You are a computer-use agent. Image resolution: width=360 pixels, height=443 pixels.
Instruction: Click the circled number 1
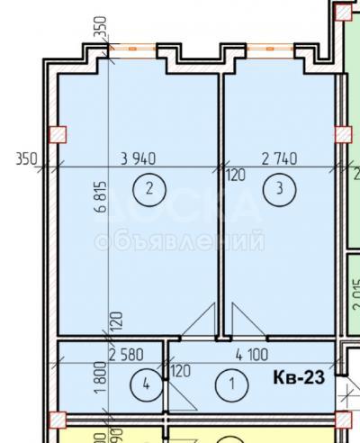coord(234,384)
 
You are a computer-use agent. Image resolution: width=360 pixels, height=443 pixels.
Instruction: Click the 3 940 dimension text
coord(139,158)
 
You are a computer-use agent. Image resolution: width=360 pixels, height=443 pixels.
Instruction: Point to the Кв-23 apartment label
coord(298,378)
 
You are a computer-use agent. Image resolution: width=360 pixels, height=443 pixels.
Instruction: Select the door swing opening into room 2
coord(201,321)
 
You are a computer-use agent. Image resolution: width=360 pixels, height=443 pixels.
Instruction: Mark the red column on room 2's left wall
coord(59,135)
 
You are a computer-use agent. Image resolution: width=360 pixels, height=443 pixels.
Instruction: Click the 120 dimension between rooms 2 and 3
coord(235,176)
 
